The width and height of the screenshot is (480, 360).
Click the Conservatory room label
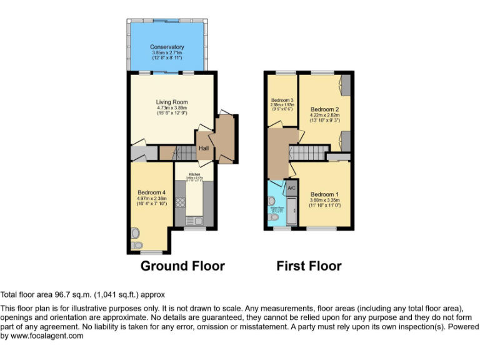(167, 47)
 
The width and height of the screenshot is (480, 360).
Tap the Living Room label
(171, 102)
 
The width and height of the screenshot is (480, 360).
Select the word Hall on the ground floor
(204, 148)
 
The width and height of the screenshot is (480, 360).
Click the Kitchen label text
(194, 174)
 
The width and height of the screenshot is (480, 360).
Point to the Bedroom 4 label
(151, 192)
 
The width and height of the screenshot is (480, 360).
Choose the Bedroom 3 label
(282, 101)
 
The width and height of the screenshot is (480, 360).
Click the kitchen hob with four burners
(180, 202)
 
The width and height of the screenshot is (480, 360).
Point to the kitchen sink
(191, 221)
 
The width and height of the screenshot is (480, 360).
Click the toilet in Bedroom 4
(137, 244)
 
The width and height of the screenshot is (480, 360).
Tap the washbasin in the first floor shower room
(271, 201)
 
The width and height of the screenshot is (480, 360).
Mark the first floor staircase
(307, 152)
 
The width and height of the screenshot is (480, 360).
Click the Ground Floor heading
(182, 266)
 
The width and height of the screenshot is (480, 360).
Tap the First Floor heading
(309, 266)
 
